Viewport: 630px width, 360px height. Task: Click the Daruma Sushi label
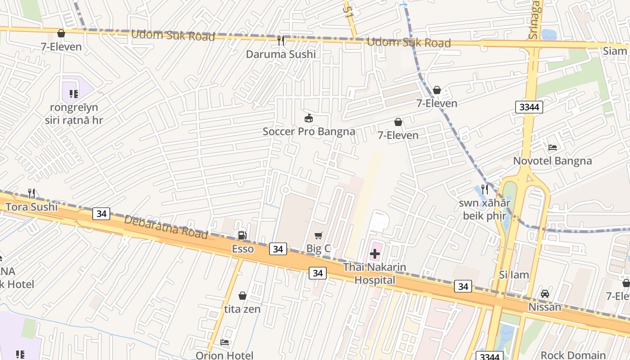click(x=281, y=54)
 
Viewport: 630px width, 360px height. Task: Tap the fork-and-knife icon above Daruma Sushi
click(x=281, y=41)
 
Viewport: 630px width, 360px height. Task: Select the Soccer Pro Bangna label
click(x=309, y=131)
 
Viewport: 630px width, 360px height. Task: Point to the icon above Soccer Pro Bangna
click(x=309, y=118)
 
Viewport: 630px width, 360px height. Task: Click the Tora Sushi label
click(x=31, y=207)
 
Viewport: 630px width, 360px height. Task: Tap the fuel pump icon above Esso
click(x=242, y=235)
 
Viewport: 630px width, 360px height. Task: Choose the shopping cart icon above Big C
click(x=319, y=235)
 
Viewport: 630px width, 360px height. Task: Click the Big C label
click(x=319, y=248)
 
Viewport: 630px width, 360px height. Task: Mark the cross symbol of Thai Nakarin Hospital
click(x=374, y=254)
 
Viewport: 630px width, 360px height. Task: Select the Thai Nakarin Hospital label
click(x=374, y=274)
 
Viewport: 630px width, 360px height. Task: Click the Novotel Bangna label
click(x=553, y=161)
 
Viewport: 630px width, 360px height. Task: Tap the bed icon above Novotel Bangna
click(x=553, y=148)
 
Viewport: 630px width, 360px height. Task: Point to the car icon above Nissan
click(x=544, y=294)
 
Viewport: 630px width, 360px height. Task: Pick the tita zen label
click(x=242, y=309)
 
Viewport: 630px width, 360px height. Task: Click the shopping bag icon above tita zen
click(x=242, y=296)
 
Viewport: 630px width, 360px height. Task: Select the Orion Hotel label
click(x=224, y=355)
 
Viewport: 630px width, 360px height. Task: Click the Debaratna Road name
click(x=166, y=227)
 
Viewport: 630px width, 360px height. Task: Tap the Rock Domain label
click(x=573, y=355)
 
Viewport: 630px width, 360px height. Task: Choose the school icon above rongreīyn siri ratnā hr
click(x=74, y=94)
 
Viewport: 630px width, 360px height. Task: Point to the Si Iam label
click(x=514, y=275)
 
